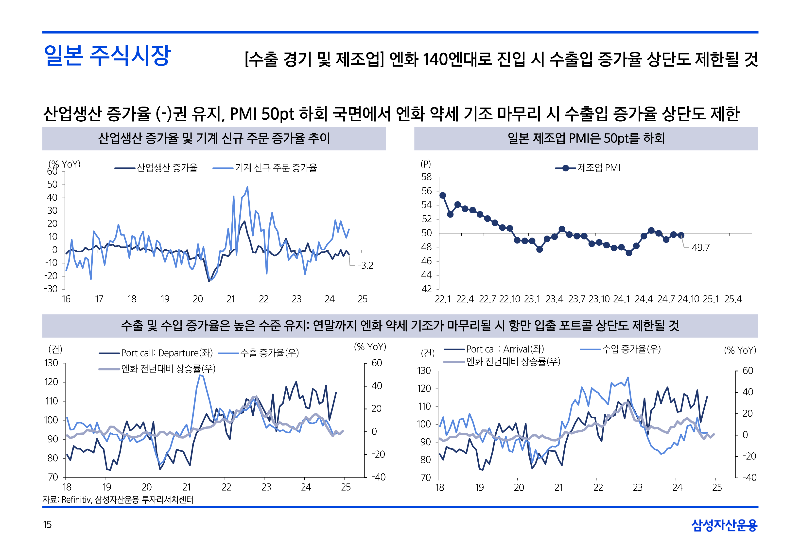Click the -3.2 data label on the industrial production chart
366,266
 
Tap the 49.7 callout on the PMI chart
700,248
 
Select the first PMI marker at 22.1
443,195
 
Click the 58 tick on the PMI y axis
427,177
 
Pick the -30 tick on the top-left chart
51,289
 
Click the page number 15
47,524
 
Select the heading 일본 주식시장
107,56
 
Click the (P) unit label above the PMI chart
425,164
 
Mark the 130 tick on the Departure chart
52,363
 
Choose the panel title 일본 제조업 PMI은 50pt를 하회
586,138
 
